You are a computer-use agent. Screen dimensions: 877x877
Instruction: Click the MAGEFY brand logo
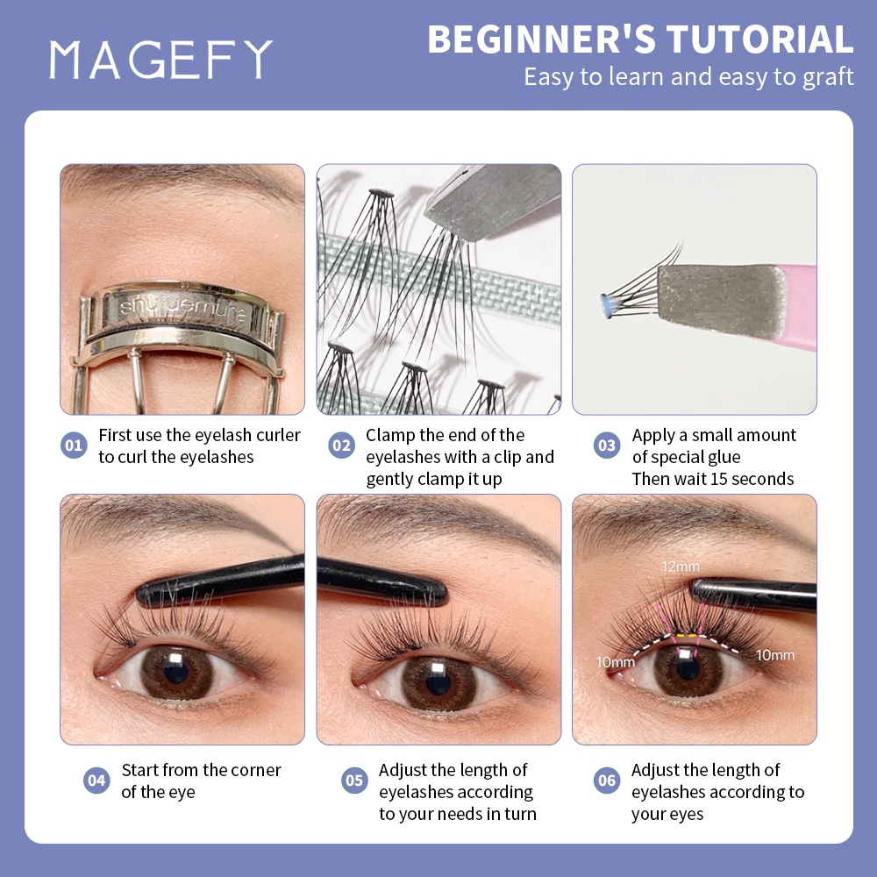(x=160, y=59)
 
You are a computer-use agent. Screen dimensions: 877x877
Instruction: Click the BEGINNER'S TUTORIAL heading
(x=640, y=40)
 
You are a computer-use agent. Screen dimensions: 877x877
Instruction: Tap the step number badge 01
(x=74, y=446)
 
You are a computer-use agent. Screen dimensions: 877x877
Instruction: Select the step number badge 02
(x=341, y=446)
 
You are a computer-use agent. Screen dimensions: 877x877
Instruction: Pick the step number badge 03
(x=606, y=446)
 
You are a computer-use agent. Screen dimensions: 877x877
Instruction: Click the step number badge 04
(x=96, y=781)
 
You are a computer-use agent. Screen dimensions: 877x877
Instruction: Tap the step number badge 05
(x=354, y=781)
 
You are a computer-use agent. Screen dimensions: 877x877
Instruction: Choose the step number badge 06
(x=606, y=781)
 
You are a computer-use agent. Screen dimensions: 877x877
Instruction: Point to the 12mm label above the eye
(x=676, y=567)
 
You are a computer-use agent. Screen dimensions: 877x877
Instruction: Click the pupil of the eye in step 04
(x=176, y=671)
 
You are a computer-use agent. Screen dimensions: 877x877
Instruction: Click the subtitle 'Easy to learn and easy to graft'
(x=688, y=77)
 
